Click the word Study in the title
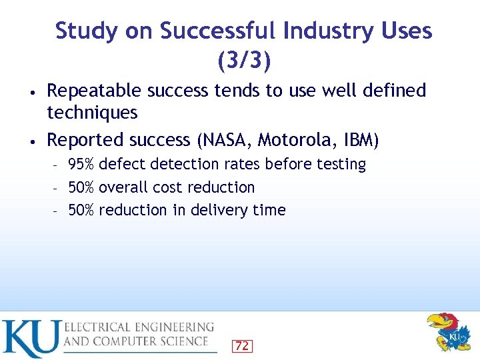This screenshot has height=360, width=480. coord(83,31)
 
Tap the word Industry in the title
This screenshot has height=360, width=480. coord(325,31)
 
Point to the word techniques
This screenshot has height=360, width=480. coord(92,113)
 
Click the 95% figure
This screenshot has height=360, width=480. coord(81,164)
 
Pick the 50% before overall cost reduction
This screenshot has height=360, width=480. coord(81,187)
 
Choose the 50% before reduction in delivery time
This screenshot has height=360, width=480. coord(81,210)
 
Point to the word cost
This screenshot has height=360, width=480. coord(167,187)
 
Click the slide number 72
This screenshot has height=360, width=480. coord(241,345)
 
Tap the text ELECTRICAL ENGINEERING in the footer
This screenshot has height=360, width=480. coord(139,327)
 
